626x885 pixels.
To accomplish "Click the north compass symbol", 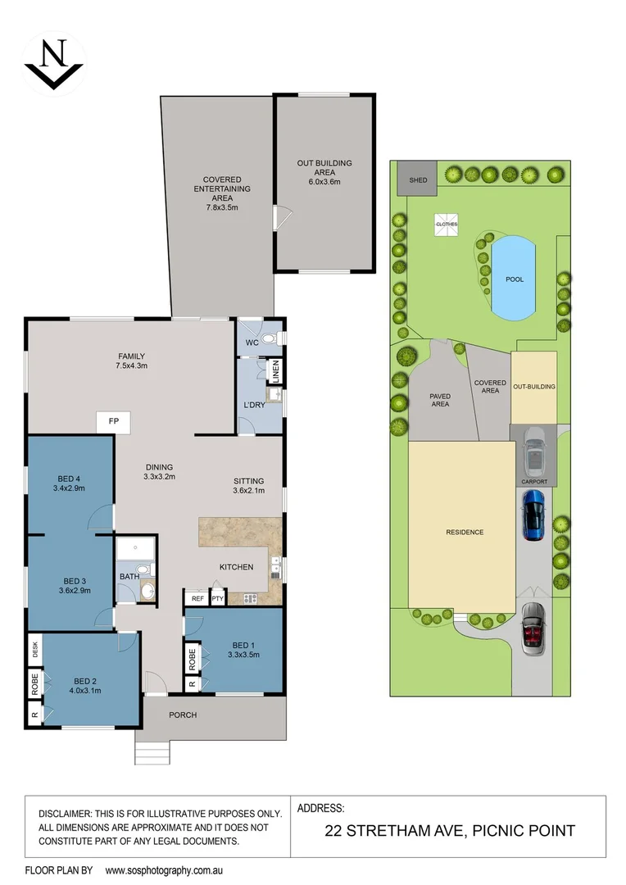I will coord(53,61).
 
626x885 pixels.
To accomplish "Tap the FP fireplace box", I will coord(114,421).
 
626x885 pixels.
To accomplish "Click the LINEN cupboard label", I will coord(276,372).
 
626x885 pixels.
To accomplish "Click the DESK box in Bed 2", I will coord(34,651).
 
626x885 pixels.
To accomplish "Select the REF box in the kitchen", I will coord(197,599).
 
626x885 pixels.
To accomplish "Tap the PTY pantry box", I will coord(217,599).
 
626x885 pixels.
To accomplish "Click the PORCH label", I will coord(183,715).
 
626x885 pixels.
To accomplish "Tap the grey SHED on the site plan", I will coord(412,178).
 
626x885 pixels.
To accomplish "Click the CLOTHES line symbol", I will coord(447,224).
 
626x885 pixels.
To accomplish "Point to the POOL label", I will coord(514,279).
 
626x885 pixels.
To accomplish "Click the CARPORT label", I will coord(533,482).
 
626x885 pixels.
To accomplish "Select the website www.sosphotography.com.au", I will coord(165,869).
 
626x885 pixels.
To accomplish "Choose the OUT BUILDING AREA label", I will coord(324,168).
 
